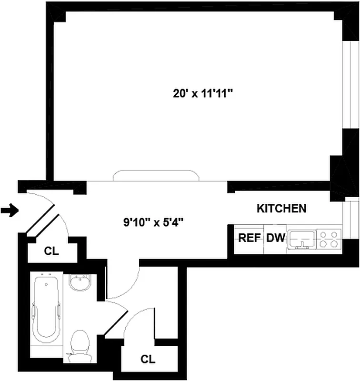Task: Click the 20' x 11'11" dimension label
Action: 202,93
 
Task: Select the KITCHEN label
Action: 281,208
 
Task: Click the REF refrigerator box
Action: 248,238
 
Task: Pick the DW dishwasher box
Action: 275,238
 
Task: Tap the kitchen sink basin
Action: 301,237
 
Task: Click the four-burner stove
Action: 329,238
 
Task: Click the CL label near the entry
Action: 51,251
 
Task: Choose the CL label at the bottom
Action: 148,359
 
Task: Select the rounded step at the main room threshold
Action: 154,176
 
